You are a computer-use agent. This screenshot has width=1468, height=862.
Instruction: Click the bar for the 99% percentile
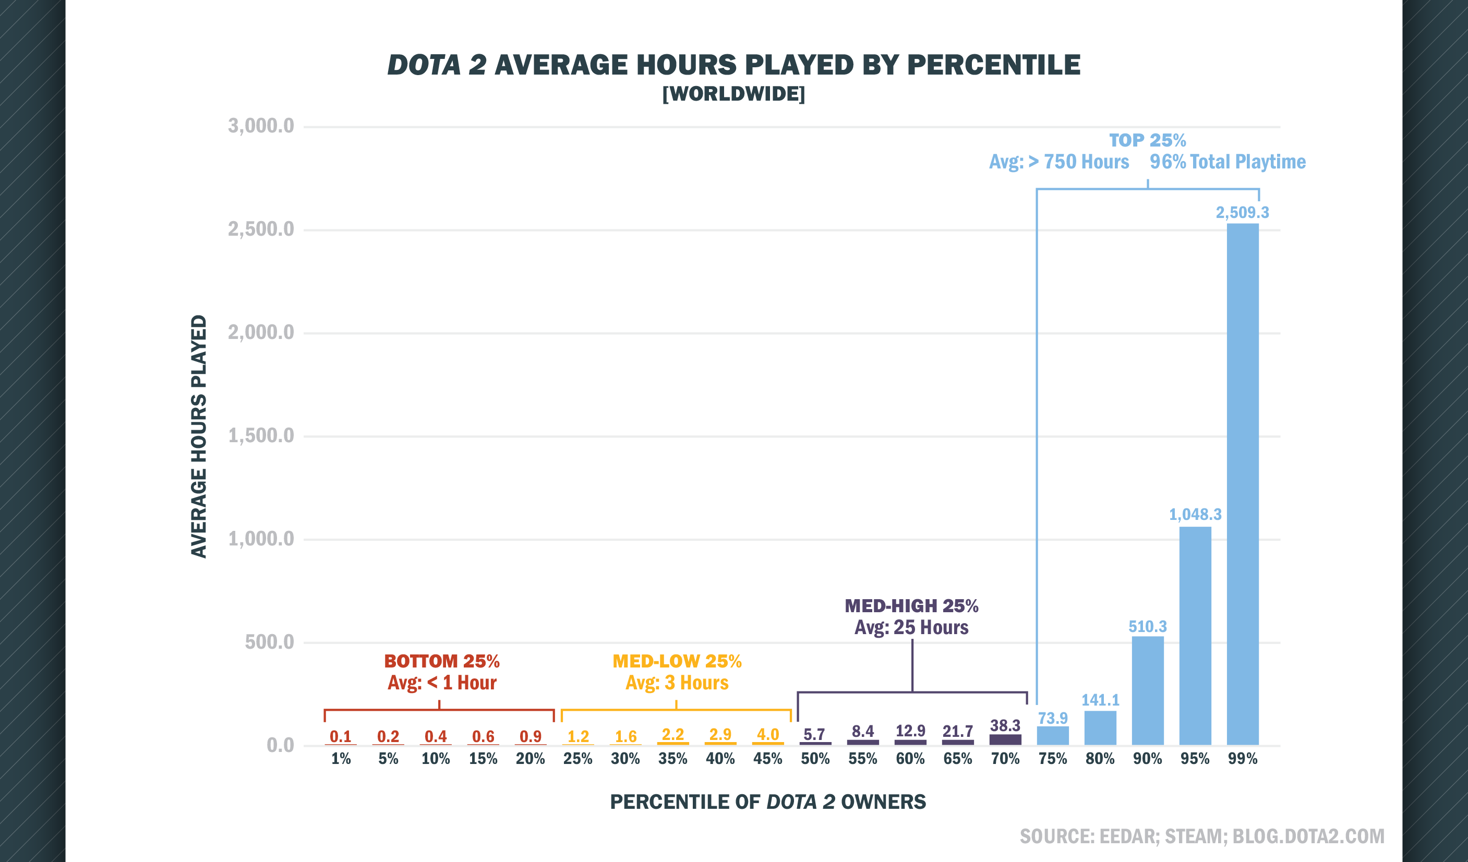pyautogui.click(x=1243, y=483)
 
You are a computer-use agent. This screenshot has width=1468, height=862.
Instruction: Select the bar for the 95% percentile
pyautogui.click(x=1195, y=635)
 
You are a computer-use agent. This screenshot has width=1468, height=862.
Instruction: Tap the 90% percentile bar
pyautogui.click(x=1148, y=690)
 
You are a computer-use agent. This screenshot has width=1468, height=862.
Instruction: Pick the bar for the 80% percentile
pyautogui.click(x=1100, y=728)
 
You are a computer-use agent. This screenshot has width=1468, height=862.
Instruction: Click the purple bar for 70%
pyautogui.click(x=1005, y=739)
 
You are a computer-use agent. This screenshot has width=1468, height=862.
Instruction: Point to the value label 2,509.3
pyautogui.click(x=1242, y=213)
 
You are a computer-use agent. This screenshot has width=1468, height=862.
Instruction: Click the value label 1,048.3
pyautogui.click(x=1195, y=514)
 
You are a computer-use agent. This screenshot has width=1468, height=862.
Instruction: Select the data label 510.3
pyautogui.click(x=1148, y=627)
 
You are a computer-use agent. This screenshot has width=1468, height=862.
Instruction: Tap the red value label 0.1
pyautogui.click(x=340, y=736)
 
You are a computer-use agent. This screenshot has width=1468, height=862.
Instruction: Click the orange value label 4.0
pyautogui.click(x=767, y=734)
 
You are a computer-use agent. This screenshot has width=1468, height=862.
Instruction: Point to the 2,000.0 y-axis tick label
pyautogui.click(x=261, y=333)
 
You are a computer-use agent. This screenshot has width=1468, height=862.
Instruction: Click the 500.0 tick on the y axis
pyautogui.click(x=269, y=642)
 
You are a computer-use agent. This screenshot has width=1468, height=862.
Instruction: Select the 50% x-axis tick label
pyautogui.click(x=815, y=759)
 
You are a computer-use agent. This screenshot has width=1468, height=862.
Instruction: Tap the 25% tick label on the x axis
pyautogui.click(x=577, y=759)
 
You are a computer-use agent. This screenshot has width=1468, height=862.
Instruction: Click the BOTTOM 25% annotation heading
pyautogui.click(x=441, y=661)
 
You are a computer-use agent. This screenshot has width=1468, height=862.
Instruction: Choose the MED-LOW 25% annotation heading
pyautogui.click(x=676, y=661)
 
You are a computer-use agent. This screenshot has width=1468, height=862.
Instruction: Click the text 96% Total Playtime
pyautogui.click(x=1228, y=162)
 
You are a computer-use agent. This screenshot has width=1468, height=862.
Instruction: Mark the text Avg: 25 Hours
pyautogui.click(x=911, y=627)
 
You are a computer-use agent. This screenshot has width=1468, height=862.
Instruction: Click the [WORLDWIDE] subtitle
pyautogui.click(x=733, y=94)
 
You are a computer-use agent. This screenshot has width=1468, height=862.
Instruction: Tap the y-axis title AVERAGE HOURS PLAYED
pyautogui.click(x=199, y=436)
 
